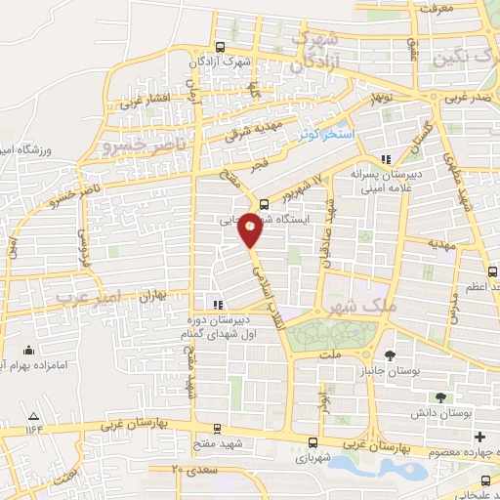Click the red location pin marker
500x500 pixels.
tap(251, 229)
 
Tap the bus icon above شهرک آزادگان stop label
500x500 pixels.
tap(219, 47)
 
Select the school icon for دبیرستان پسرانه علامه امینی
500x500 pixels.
tap(387, 158)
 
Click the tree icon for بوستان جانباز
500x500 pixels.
tap(391, 354)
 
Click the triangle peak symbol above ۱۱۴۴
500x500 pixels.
tap(36, 414)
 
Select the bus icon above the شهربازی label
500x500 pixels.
tap(312, 441)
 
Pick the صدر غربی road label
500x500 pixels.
tap(466, 100)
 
